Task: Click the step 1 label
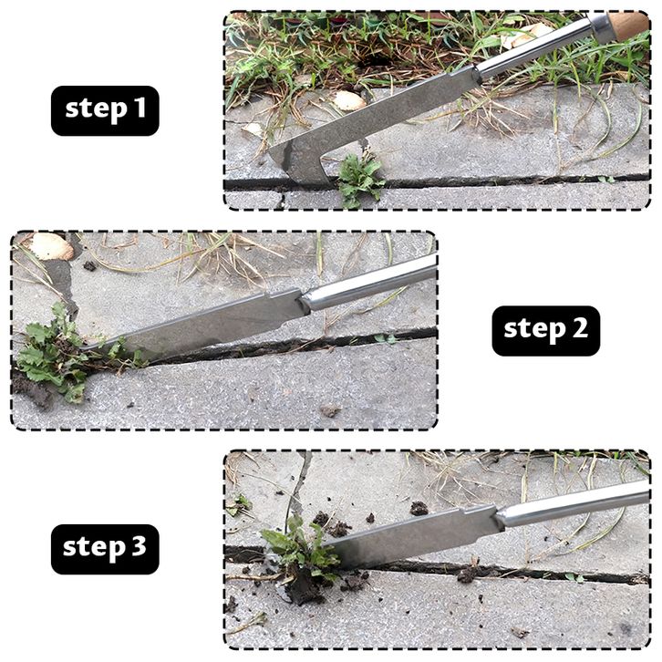tap(105, 110)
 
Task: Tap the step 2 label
tap(546, 331)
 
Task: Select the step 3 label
tap(105, 549)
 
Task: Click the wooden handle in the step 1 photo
tap(629, 26)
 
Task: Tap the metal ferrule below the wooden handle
tap(599, 28)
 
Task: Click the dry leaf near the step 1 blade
tap(348, 101)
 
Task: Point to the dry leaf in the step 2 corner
tap(51, 245)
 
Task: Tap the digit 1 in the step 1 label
tap(140, 109)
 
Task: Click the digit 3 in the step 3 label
tap(138, 546)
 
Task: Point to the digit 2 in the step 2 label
tap(580, 327)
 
